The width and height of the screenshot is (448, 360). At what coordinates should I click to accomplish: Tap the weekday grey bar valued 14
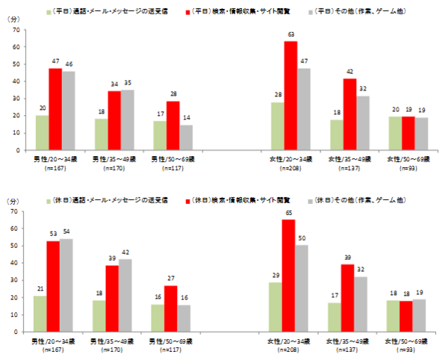pos(187,137)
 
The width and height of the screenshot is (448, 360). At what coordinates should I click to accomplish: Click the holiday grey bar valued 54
pos(66,285)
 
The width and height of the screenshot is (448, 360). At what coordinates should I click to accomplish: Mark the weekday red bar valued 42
pos(349,114)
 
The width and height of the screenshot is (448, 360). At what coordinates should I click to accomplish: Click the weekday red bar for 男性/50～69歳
pos(173,125)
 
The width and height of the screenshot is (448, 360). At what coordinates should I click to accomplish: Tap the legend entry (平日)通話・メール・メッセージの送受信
pos(111,13)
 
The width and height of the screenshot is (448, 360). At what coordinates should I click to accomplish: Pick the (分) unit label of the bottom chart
pos(13,201)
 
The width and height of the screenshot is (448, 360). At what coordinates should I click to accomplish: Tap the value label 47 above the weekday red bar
pos(55,61)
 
